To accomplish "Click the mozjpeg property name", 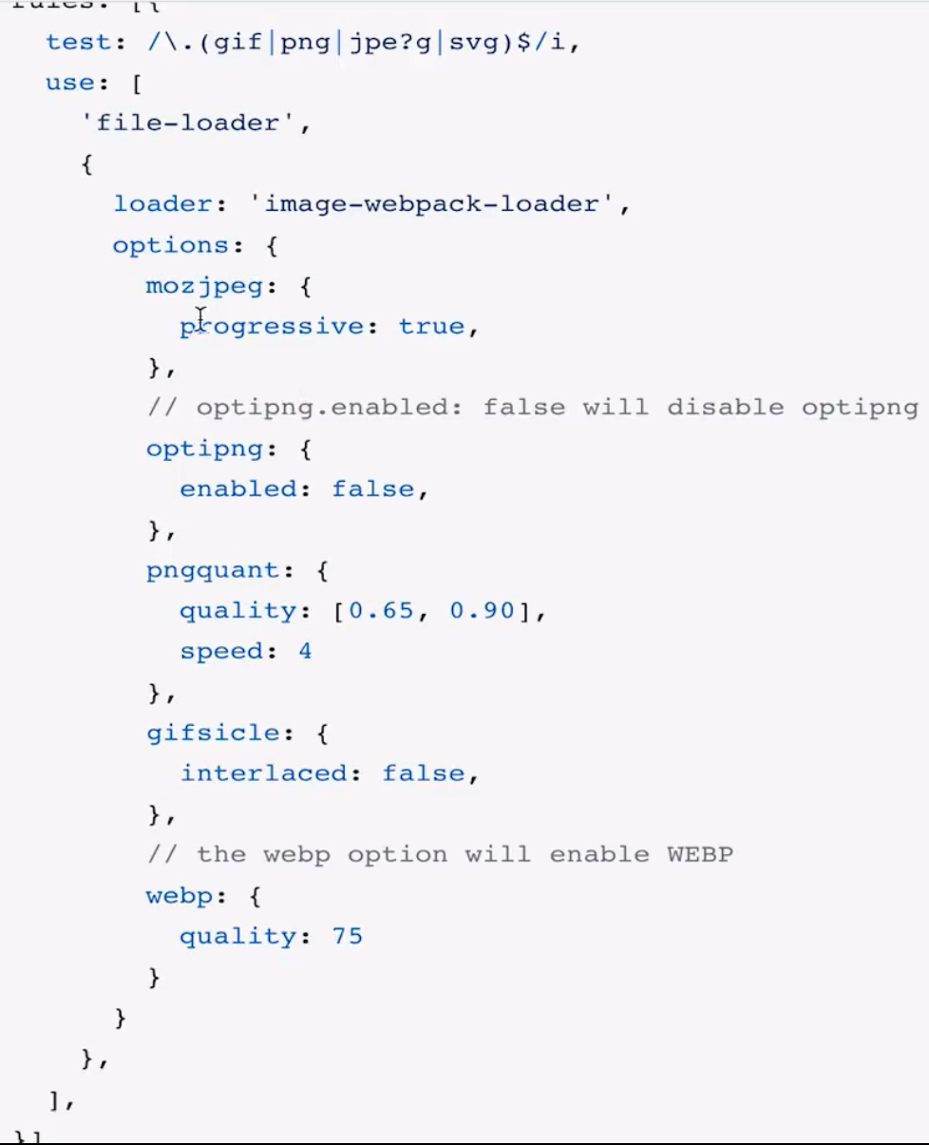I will pos(204,286).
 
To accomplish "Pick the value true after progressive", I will pos(431,327).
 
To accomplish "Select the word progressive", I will pos(272,327).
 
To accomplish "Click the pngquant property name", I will pos(213,571).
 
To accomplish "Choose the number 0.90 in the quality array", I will pos(482,611).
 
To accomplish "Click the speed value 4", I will pos(305,652).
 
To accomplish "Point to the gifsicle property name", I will pos(213,734).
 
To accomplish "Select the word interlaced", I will pos(264,773).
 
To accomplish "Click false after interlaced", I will pos(424,773).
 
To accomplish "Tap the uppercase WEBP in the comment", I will pos(700,855).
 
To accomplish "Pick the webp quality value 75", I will pos(347,937).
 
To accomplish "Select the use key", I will pos(69,83).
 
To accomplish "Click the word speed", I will pos(221,652).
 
